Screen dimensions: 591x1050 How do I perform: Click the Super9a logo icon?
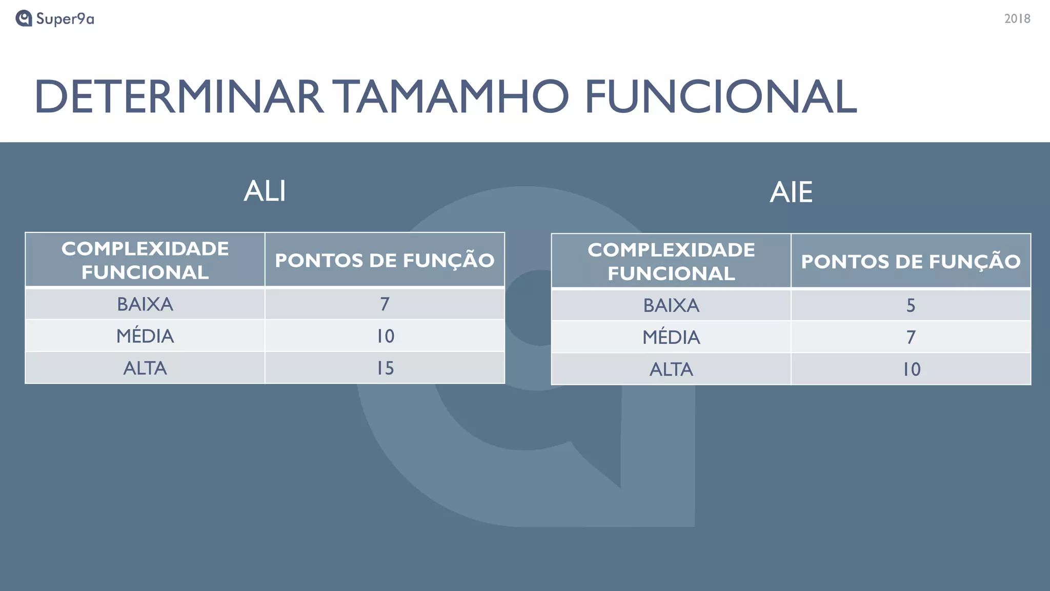tap(24, 18)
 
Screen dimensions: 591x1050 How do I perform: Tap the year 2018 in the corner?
tap(1017, 19)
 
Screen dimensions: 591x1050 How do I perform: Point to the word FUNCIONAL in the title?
tap(720, 96)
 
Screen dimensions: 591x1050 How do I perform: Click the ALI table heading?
tap(265, 191)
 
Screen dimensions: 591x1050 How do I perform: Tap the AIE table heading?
tap(791, 192)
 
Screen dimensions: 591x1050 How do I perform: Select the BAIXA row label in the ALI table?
tap(145, 304)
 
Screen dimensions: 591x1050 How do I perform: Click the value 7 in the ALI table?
tap(385, 304)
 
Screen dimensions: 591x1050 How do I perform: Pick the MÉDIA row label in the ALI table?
tap(145, 336)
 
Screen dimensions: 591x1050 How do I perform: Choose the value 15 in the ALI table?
tap(385, 368)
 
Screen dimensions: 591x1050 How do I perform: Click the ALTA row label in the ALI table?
tap(145, 368)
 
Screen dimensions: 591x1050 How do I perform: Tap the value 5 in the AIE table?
tap(911, 306)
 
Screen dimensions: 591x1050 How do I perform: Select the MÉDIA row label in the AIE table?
tap(671, 338)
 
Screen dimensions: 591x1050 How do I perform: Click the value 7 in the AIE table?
tap(911, 338)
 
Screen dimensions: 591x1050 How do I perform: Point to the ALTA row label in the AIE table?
tap(671, 369)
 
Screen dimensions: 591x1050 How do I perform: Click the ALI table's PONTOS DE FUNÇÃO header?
tap(385, 260)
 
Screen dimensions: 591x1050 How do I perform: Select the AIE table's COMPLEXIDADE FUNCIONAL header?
tap(671, 262)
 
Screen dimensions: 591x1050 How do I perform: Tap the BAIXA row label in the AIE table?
tap(671, 306)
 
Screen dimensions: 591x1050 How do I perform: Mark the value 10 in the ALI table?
tap(385, 336)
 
